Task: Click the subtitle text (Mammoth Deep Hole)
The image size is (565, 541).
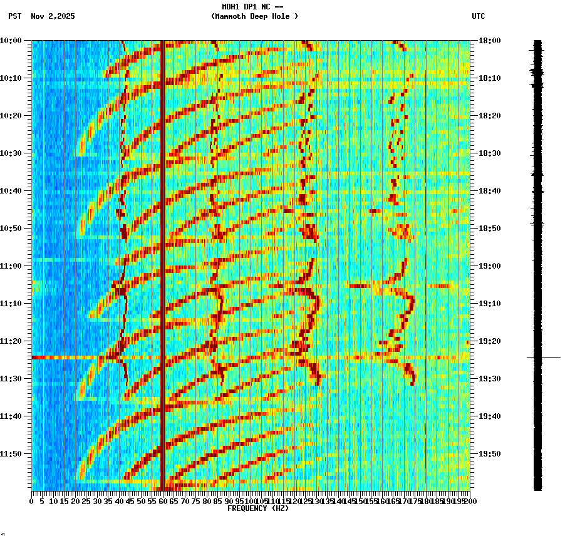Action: coord(254,16)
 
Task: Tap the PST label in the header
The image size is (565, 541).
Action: coord(15,16)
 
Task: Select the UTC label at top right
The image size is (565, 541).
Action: coord(479,16)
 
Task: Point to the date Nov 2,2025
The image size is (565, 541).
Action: coord(53,16)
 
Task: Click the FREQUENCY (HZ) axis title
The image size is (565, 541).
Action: coord(257,508)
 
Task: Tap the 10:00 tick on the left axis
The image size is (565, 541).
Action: coord(11,41)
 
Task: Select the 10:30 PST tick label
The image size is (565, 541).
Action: coord(11,153)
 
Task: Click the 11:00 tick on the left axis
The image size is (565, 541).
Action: coord(11,266)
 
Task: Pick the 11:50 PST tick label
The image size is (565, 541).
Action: coord(11,454)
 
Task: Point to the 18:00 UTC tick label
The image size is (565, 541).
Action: coord(489,41)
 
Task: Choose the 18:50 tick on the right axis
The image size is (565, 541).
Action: coord(489,229)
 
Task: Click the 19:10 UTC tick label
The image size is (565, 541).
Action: coord(489,304)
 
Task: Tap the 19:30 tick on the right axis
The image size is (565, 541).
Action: coord(489,379)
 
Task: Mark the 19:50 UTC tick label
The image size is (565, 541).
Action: coord(489,454)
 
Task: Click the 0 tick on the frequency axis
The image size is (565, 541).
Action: coord(32,501)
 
